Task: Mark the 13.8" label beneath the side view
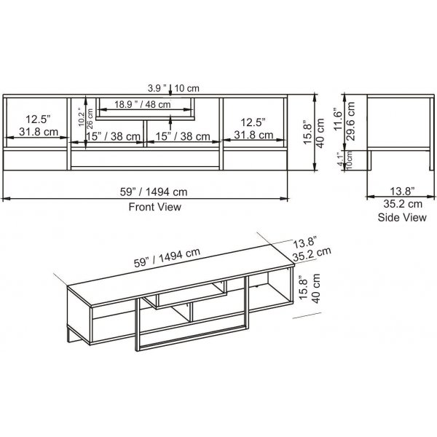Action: [392, 193]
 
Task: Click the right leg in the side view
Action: [426, 161]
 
